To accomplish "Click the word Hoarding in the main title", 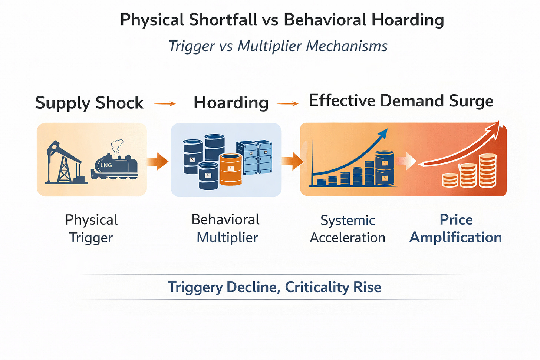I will (408, 20).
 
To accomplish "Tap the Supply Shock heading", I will (89, 103).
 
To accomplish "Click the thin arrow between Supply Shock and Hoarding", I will (165, 104).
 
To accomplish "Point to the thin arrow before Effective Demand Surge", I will (287, 104).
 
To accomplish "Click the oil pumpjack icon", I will (63, 163).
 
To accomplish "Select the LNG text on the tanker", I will (106, 165).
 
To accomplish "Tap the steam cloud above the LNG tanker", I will (117, 146).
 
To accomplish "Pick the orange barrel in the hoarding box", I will (230, 169).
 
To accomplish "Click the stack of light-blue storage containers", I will (254, 157).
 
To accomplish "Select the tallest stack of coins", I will (488, 171).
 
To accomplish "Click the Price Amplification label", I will (456, 228).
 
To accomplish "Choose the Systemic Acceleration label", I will (348, 229).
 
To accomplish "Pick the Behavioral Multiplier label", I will (226, 228).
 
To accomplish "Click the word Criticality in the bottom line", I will (317, 287).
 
